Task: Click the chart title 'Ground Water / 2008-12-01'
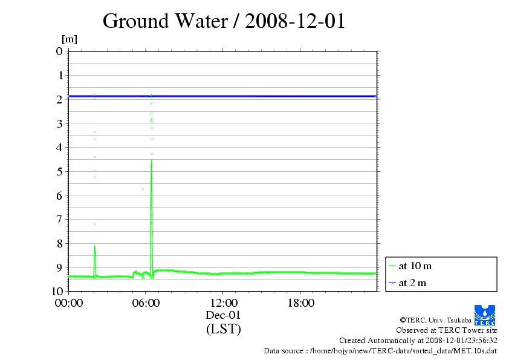coord(224,21)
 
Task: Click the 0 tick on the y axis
coord(59,51)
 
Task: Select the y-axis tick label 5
coord(59,171)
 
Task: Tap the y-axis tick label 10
coord(57,291)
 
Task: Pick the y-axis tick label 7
coord(59,219)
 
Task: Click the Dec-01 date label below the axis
coord(223,315)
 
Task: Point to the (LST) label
coord(223,329)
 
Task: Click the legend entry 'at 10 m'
coord(415,266)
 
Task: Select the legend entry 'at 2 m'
coord(413,283)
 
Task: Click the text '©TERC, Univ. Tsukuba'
coord(435,319)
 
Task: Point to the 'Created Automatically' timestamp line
coord(418,340)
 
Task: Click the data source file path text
coord(380,350)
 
